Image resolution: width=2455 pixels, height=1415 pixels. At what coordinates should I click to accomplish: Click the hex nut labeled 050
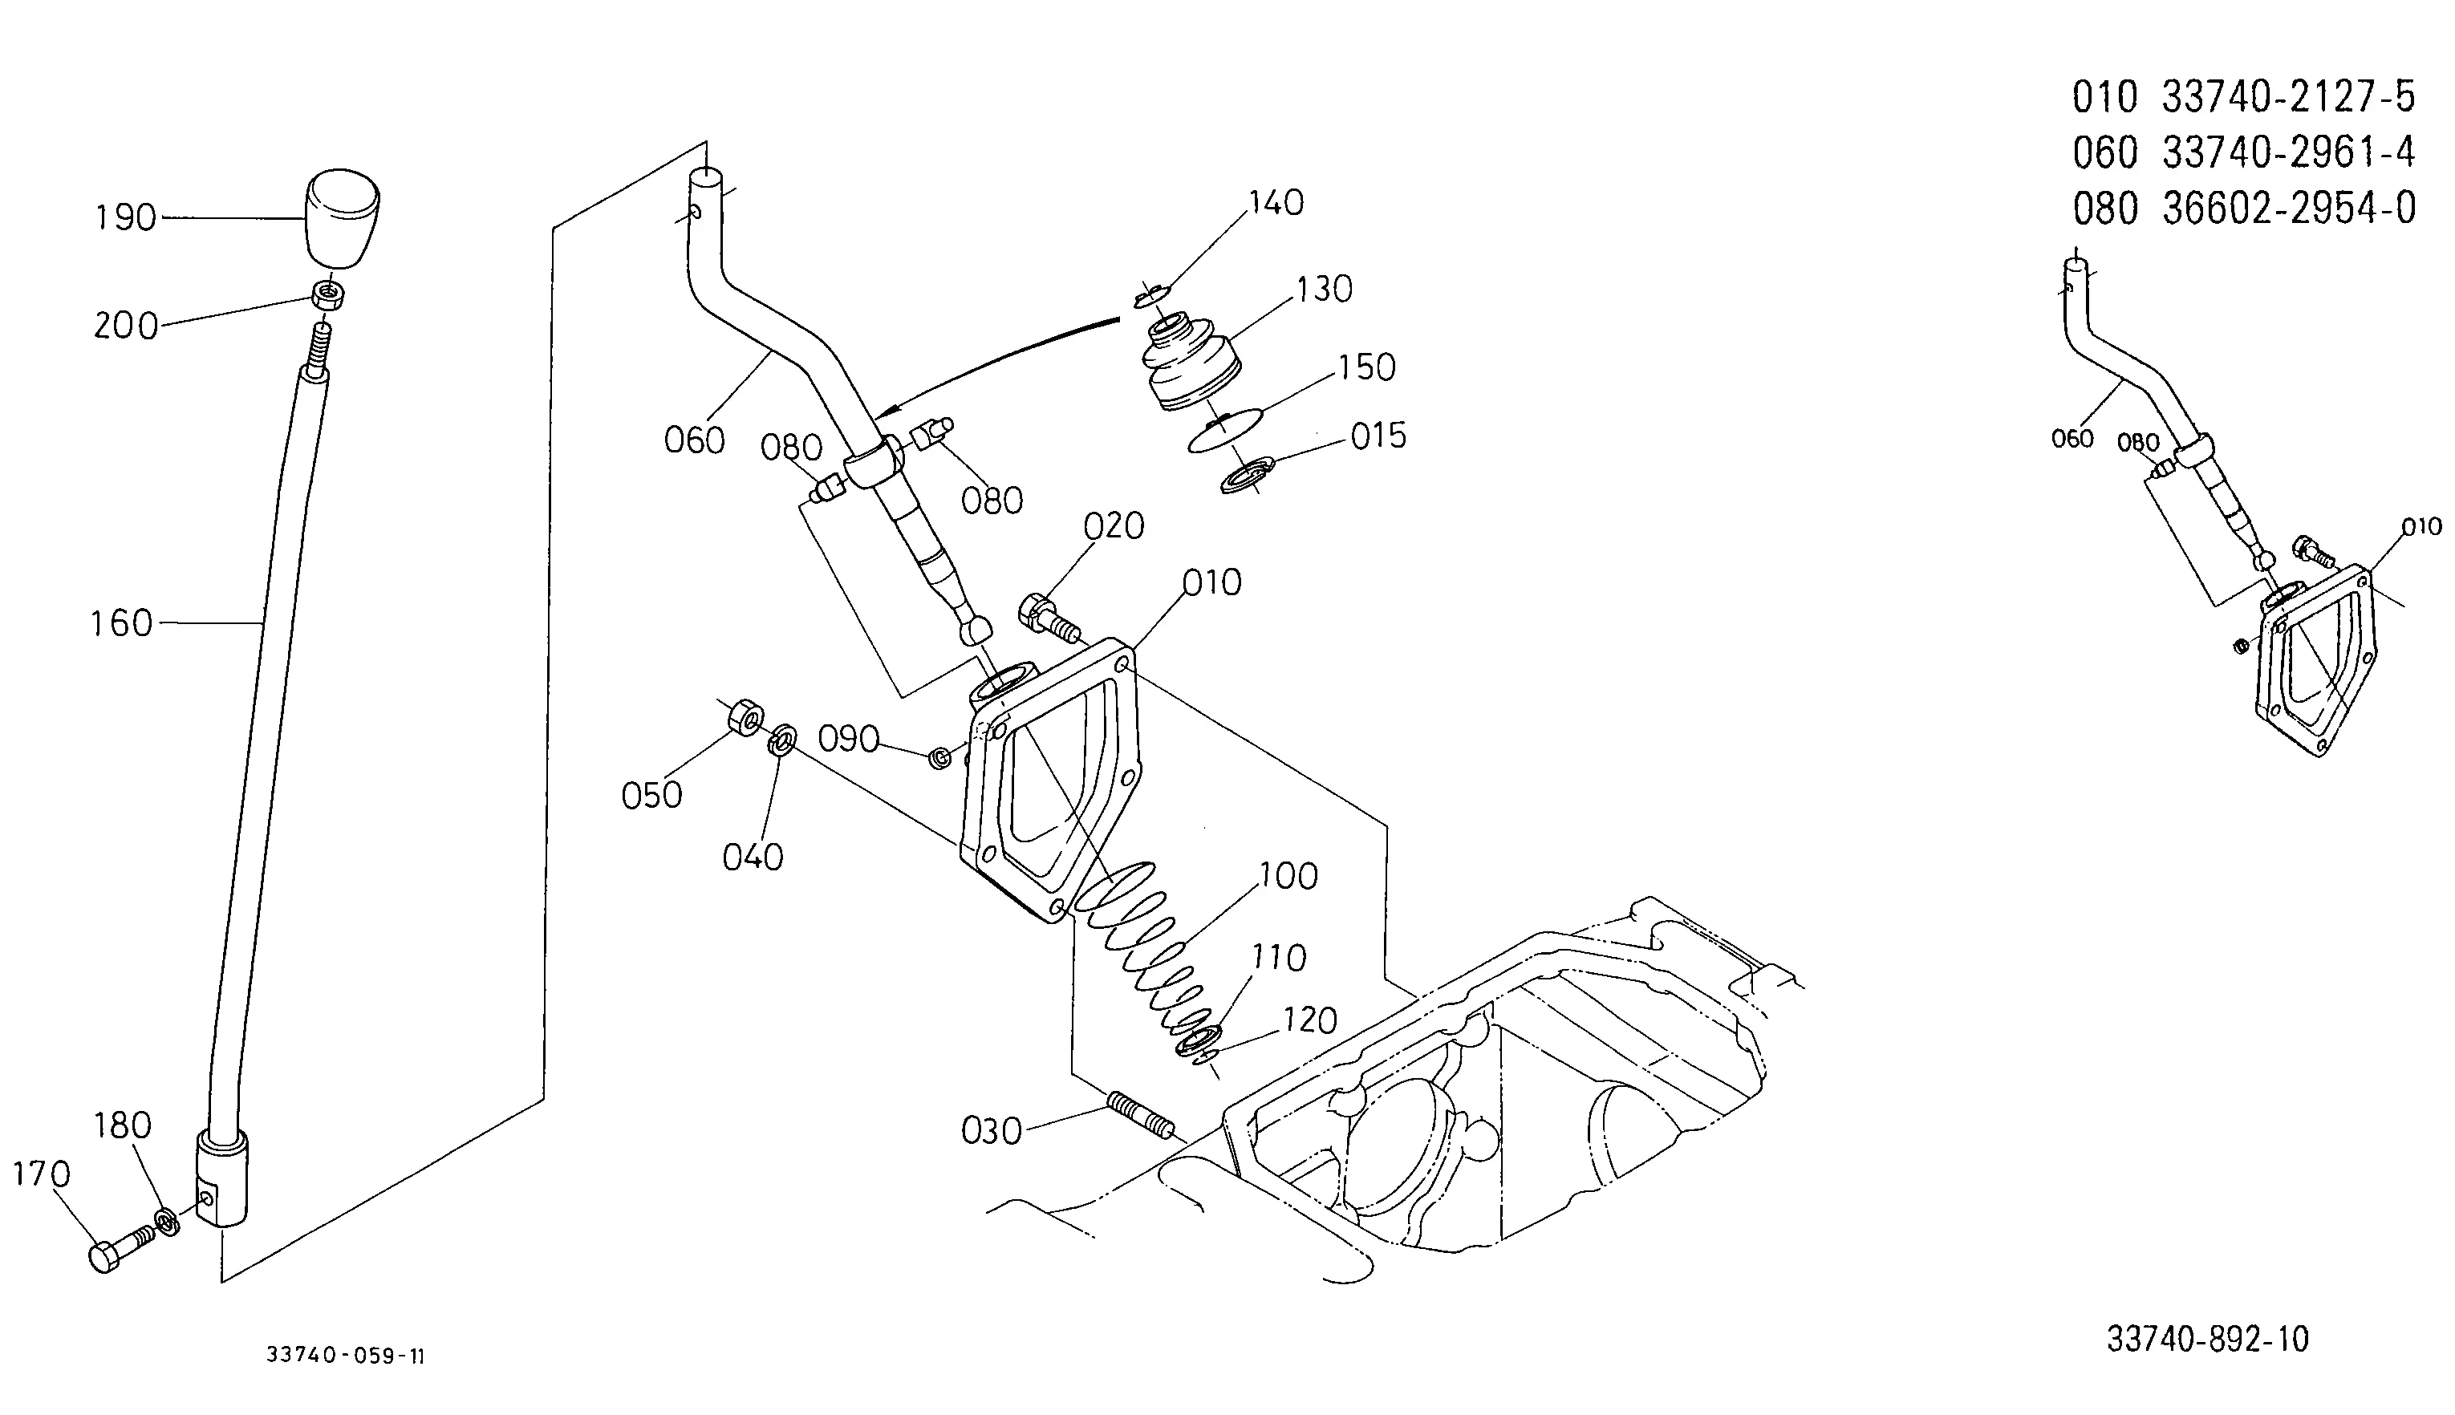tap(745, 717)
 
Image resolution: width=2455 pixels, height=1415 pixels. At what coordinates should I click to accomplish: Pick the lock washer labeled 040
tap(781, 740)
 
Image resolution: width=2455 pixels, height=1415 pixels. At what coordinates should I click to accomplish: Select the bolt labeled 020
tap(1049, 616)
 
